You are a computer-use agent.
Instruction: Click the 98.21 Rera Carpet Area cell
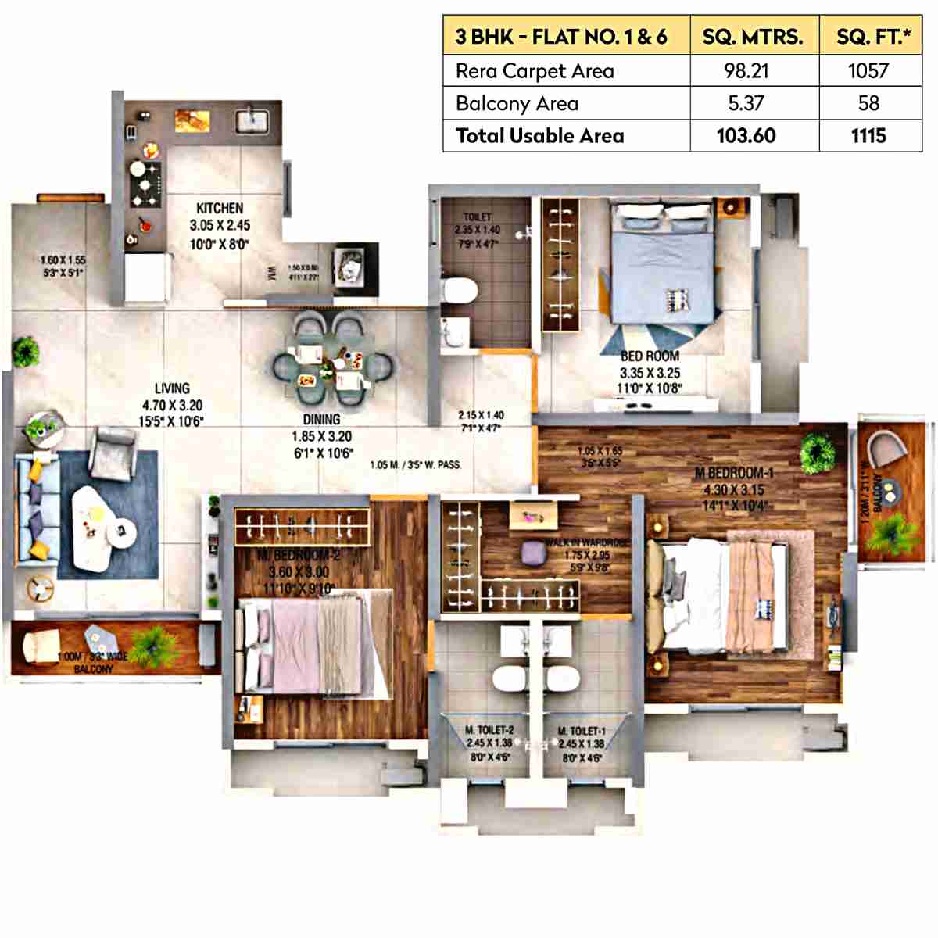click(746, 71)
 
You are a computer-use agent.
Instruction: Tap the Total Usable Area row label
click(539, 136)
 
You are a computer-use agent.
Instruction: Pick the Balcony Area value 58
click(868, 103)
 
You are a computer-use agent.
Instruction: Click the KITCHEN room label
click(220, 208)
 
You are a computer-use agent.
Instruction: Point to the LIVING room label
click(172, 388)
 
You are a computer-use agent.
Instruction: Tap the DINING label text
click(321, 420)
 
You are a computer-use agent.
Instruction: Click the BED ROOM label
click(650, 356)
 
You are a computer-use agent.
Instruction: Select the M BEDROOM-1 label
click(734, 473)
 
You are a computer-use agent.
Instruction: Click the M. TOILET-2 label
click(489, 730)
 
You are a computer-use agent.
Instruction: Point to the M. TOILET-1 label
click(582, 731)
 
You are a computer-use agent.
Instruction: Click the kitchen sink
click(252, 120)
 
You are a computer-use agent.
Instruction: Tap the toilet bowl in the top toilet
click(459, 291)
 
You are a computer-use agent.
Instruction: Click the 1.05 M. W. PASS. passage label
click(415, 465)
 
